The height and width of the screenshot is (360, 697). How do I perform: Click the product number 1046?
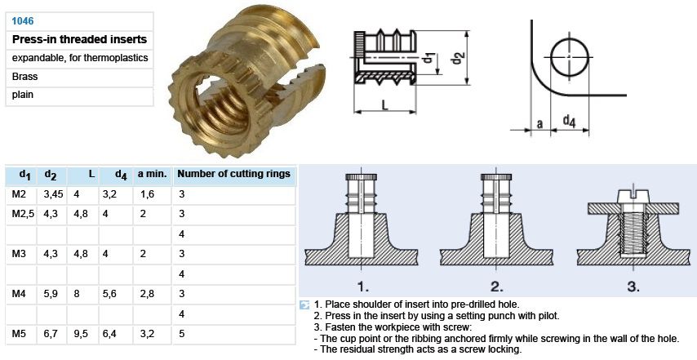(x=23, y=21)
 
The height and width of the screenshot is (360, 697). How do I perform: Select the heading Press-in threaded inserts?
(x=79, y=39)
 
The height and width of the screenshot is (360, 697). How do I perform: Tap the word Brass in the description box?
(x=24, y=77)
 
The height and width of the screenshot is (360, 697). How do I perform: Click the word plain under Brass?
(x=23, y=95)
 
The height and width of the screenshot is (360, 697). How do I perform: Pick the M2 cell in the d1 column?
(x=19, y=193)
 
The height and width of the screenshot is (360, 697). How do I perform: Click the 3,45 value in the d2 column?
(x=53, y=194)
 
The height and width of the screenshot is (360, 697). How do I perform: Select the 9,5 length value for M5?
(x=81, y=334)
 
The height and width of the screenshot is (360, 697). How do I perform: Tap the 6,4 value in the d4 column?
(x=109, y=334)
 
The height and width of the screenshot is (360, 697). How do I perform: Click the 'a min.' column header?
(x=152, y=174)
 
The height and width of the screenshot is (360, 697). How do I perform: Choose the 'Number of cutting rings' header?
(x=233, y=174)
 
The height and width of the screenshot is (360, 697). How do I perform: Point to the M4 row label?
(x=19, y=294)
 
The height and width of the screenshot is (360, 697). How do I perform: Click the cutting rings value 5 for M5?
(x=181, y=334)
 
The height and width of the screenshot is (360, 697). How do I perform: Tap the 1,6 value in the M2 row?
(x=147, y=194)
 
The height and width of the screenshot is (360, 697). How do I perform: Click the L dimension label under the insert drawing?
(x=385, y=104)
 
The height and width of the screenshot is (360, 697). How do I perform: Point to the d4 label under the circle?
(x=570, y=121)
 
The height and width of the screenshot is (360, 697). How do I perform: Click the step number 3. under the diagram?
(x=633, y=287)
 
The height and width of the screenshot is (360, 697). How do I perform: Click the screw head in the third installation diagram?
(x=633, y=196)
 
